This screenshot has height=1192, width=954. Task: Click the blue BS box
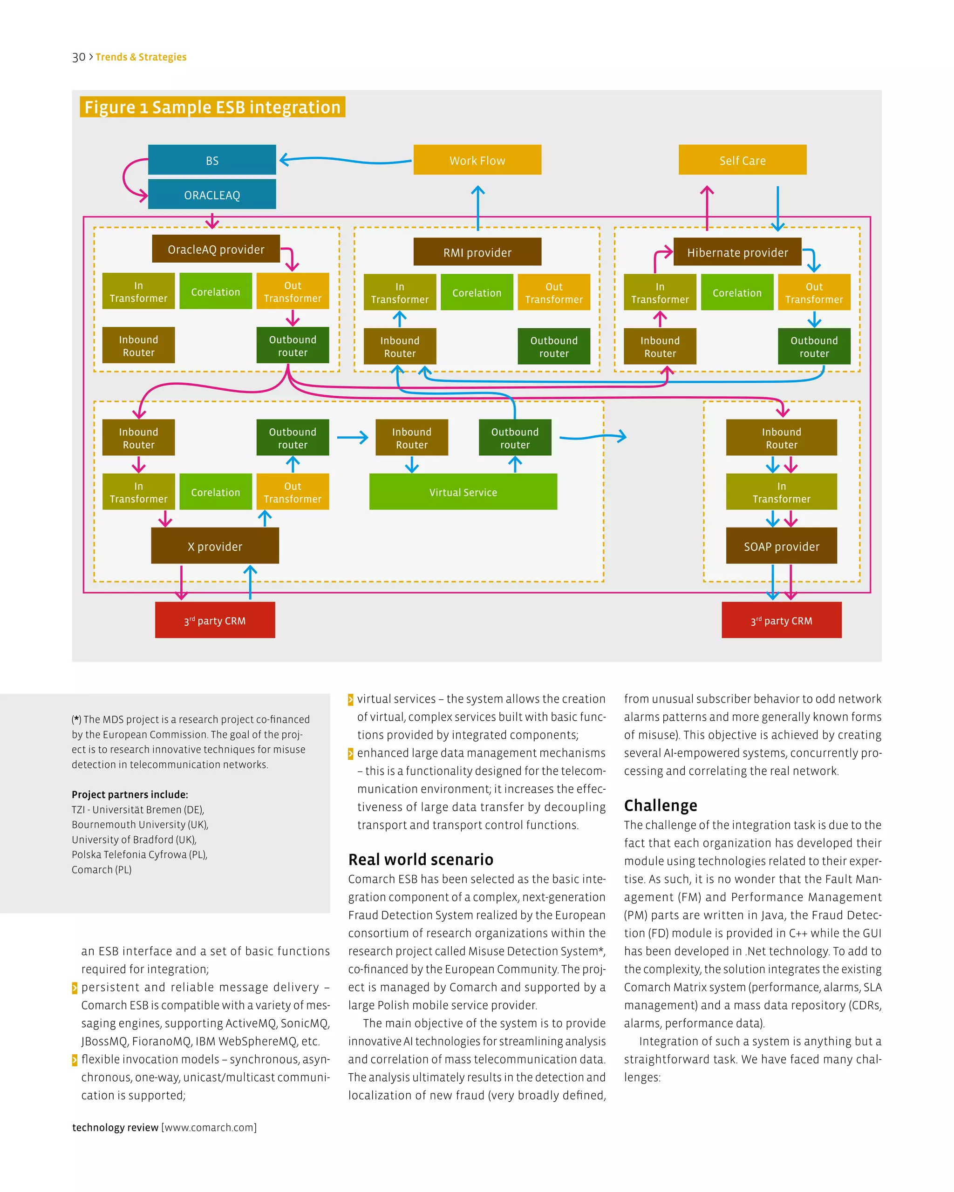pos(212,160)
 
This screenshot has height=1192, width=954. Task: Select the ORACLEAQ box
pos(212,195)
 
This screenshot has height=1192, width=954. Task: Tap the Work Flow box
pos(477,160)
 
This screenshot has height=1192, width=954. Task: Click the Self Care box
pos(742,160)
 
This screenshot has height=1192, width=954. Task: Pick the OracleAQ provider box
pos(216,250)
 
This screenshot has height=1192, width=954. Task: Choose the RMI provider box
pos(477,252)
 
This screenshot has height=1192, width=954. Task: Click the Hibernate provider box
pos(737,252)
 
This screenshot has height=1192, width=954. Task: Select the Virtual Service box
pos(463,492)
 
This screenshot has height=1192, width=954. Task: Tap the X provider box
pos(215,546)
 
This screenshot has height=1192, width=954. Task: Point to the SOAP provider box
pos(781,546)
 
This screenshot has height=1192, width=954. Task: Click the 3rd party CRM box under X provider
pos(215,620)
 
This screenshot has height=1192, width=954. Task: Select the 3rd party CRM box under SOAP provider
pos(781,620)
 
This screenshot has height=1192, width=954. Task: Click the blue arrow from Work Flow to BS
pos(346,161)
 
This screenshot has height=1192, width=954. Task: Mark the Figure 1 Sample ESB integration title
pos(212,107)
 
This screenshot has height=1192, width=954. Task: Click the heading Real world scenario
pos(420,859)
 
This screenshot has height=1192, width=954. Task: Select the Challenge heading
pos(661,805)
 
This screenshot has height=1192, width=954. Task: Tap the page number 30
pos(79,57)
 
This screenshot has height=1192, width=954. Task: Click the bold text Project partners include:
pos(129,794)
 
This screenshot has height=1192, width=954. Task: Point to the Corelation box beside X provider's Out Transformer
pos(216,492)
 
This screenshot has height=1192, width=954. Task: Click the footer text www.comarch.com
pos(209,1127)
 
